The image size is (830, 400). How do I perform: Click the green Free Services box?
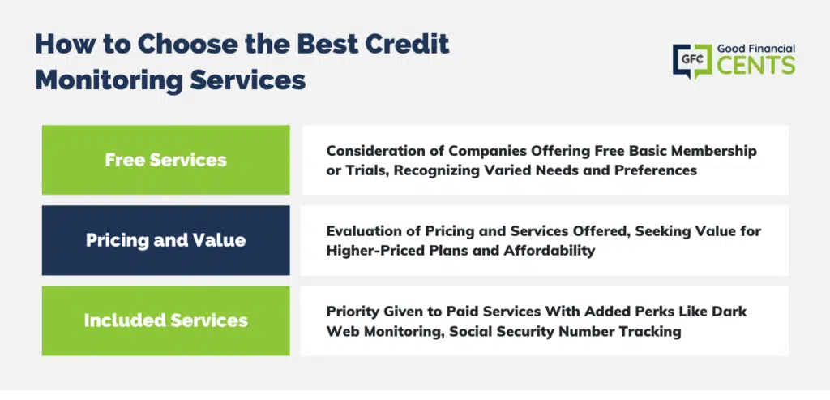(x=165, y=160)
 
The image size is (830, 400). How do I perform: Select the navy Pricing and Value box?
(x=165, y=240)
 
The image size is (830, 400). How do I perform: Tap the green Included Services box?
(x=165, y=320)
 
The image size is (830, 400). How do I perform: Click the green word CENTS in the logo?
(x=756, y=65)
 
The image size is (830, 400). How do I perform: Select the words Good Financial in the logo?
(x=756, y=49)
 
